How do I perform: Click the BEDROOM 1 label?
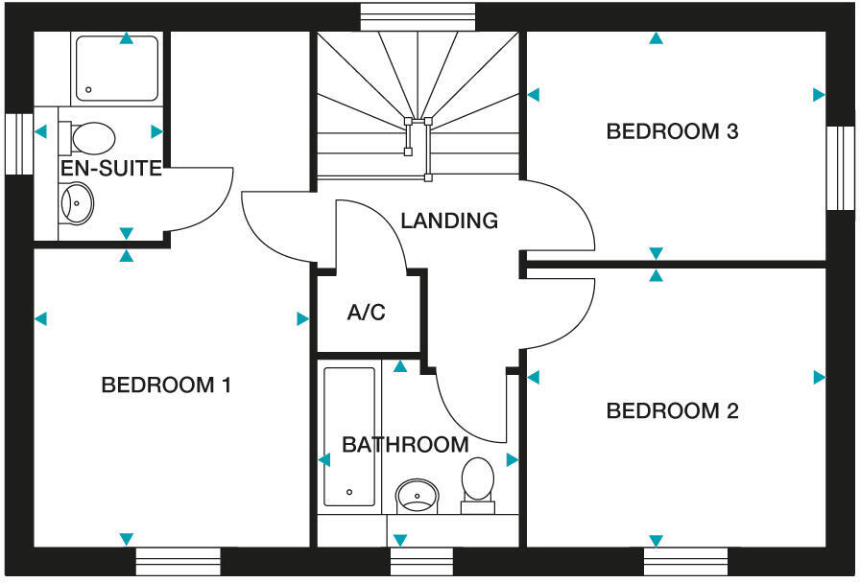[x=166, y=385]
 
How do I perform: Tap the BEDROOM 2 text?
[x=672, y=411]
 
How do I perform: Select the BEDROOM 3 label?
[x=672, y=131]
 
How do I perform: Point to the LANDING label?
[x=449, y=221]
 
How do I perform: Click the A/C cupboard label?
[x=366, y=313]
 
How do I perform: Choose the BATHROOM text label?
[x=405, y=445]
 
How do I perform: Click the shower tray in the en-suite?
[x=116, y=69]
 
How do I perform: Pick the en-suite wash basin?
[x=77, y=203]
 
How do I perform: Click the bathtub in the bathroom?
[x=349, y=436]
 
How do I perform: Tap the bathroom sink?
[x=418, y=495]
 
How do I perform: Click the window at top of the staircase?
[x=418, y=16]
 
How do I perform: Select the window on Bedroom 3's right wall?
[x=841, y=167]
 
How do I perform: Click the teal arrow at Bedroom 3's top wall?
[x=656, y=39]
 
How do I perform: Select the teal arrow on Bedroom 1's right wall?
[x=302, y=318]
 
